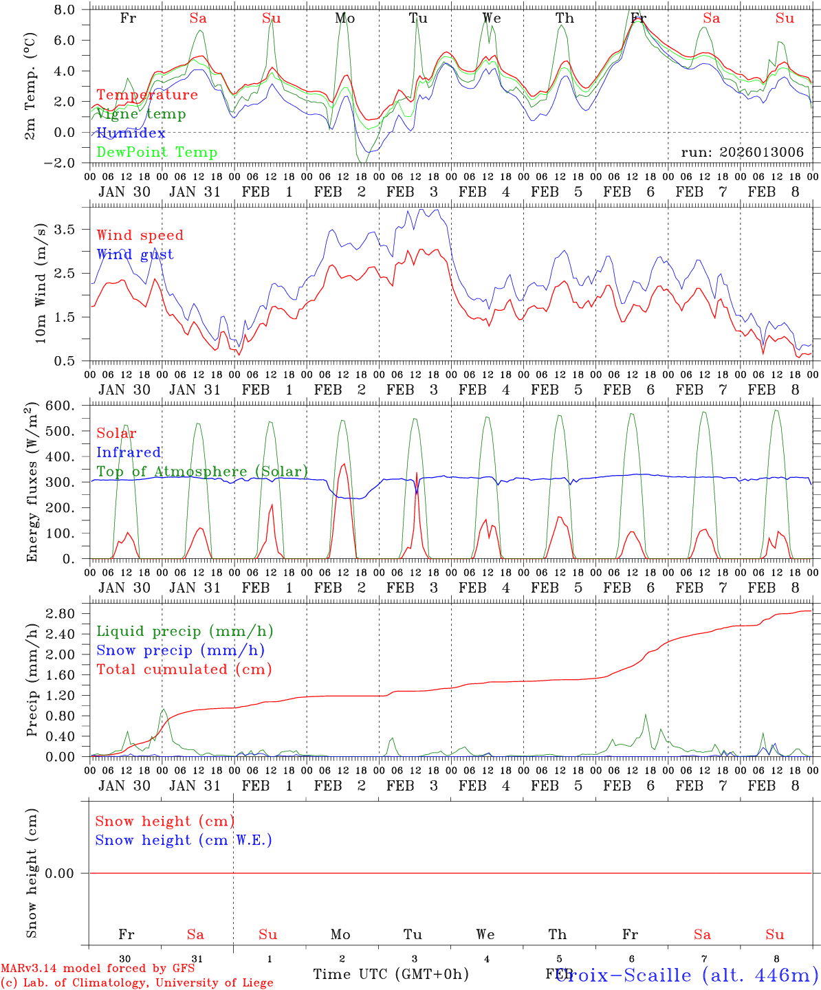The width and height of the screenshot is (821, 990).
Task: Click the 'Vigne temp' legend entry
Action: (141, 114)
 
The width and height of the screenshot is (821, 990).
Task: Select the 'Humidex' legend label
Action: (131, 133)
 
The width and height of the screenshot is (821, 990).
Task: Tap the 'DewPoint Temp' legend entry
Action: (157, 152)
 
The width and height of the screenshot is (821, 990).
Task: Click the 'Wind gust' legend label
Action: (135, 254)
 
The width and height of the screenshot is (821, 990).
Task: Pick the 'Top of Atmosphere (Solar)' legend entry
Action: (202, 472)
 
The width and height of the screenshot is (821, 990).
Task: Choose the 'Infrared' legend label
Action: (129, 452)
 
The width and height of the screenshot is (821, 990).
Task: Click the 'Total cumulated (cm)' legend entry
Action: (184, 669)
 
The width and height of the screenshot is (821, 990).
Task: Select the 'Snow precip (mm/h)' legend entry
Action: (180, 650)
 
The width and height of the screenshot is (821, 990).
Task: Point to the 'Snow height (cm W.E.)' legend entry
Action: (184, 840)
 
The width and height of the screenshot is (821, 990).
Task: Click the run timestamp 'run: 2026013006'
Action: (742, 152)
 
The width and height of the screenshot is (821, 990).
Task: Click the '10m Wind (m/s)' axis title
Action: (41, 284)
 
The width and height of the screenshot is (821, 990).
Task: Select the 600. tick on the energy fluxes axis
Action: (67, 406)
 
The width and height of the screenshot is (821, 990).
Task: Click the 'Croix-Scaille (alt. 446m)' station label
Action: (686, 975)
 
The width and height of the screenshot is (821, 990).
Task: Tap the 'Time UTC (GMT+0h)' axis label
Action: (391, 974)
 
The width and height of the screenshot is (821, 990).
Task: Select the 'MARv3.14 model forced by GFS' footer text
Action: (98, 969)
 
